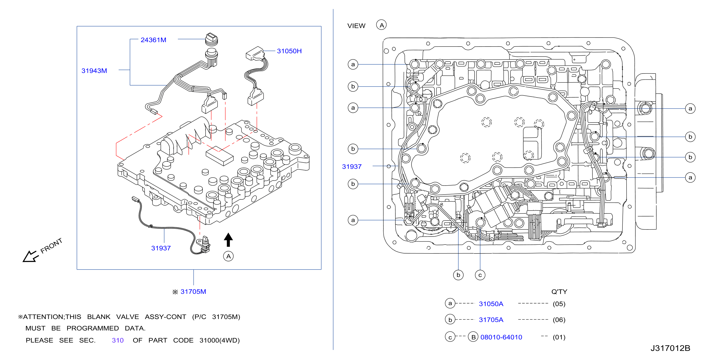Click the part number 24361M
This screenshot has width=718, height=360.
[153, 40]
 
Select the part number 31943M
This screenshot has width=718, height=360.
[94, 71]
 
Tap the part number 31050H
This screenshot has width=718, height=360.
[289, 51]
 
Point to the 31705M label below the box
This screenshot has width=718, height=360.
[193, 292]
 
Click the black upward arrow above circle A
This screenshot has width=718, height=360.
[228, 239]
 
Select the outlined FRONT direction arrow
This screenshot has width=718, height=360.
[30, 256]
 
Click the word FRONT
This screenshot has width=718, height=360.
[51, 245]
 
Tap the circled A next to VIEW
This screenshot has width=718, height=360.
[381, 25]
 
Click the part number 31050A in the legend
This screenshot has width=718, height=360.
[491, 304]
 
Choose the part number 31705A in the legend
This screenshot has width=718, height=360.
[491, 320]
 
